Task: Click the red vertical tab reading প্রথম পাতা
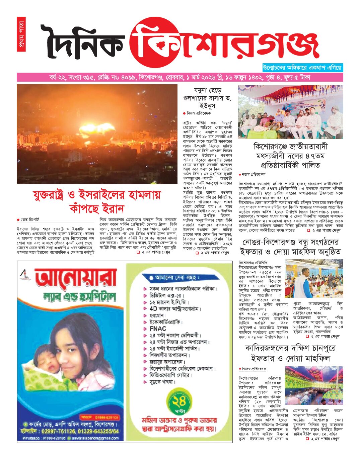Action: pyautogui.click(x=21, y=34)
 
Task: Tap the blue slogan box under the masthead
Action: pyautogui.click(x=302, y=67)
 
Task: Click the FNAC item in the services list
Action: pyautogui.click(x=158, y=329)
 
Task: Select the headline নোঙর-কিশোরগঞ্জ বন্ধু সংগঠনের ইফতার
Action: pyautogui.click(x=291, y=247)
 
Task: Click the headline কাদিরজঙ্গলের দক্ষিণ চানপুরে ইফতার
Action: pyautogui.click(x=291, y=353)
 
